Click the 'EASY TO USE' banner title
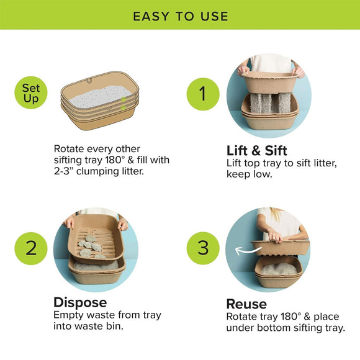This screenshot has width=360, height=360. click(x=180, y=16)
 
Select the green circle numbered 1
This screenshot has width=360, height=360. click(x=203, y=94)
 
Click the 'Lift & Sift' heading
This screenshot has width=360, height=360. click(x=257, y=150)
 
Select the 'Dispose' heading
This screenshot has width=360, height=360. click(x=80, y=302)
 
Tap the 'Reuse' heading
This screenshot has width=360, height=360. click(x=246, y=304)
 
